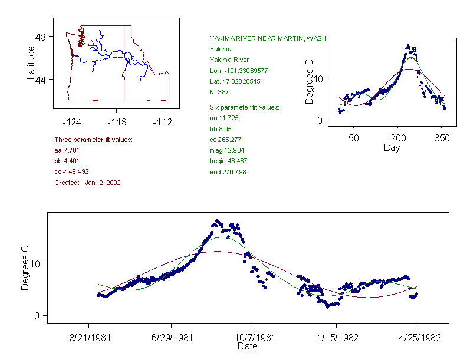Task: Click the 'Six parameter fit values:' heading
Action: (x=244, y=107)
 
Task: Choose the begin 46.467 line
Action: (x=228, y=161)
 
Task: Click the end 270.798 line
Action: (x=228, y=172)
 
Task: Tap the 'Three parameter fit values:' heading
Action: (x=93, y=140)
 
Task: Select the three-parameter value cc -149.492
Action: (x=71, y=171)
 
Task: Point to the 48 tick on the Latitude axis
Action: (x=41, y=37)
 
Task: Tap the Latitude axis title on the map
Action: (x=31, y=64)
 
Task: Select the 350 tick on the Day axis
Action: (x=442, y=138)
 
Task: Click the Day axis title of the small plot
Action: (x=391, y=147)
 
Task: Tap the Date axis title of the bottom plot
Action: (x=247, y=346)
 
